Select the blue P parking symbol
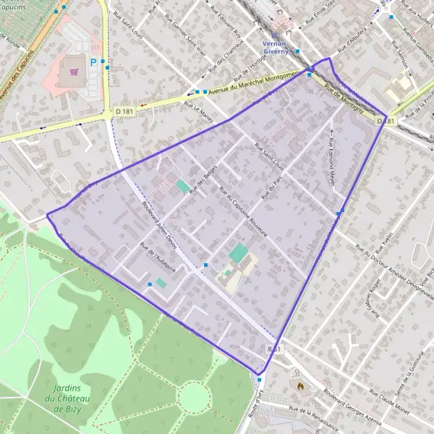pyautogui.click(x=93, y=63)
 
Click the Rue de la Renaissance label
pyautogui.click(x=312, y=418)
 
